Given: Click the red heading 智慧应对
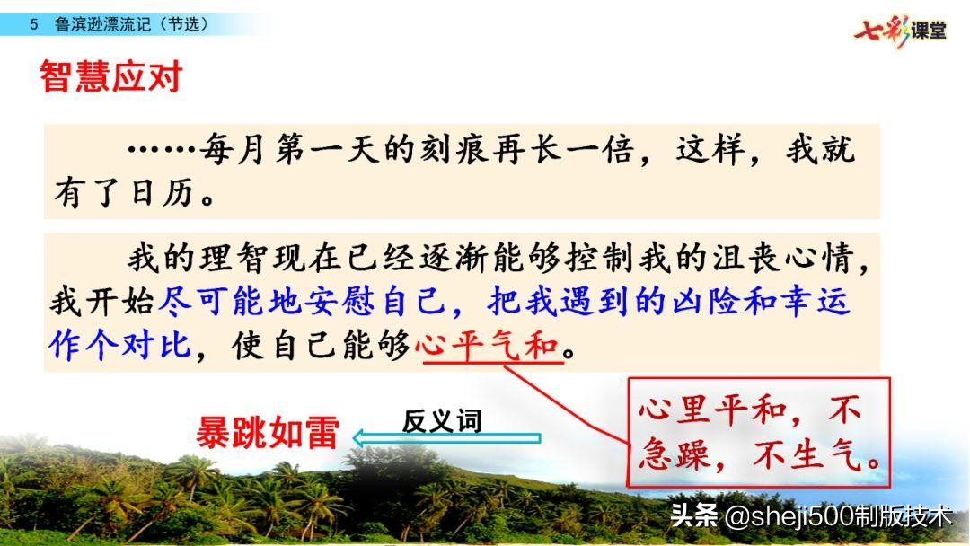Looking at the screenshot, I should tap(110, 78).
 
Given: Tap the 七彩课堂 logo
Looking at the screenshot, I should tap(900, 29).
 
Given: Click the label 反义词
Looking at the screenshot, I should tap(442, 420).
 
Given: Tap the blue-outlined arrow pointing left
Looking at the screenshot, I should tap(447, 439).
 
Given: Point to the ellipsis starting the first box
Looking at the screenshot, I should tap(162, 148).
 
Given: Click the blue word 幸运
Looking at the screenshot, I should tap(818, 302).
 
